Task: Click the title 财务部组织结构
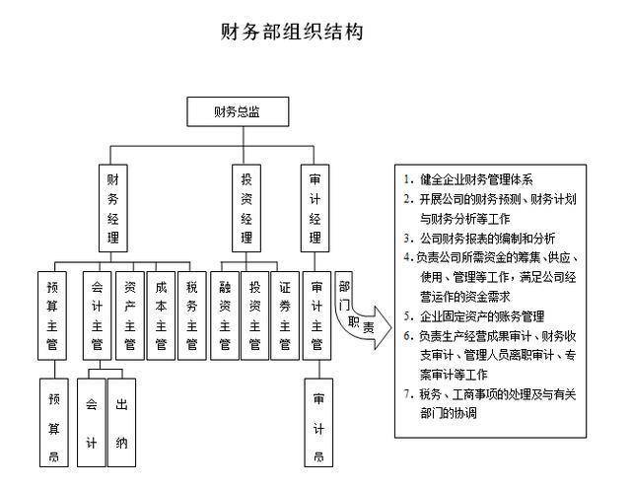click(x=292, y=33)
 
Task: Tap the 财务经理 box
click(x=113, y=209)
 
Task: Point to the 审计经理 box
click(x=315, y=209)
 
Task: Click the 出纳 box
click(x=120, y=422)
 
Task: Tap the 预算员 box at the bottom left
click(x=54, y=422)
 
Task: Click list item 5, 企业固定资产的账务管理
click(x=481, y=316)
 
